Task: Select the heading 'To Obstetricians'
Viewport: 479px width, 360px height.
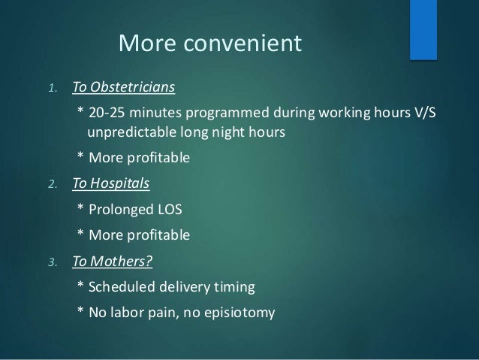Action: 123,88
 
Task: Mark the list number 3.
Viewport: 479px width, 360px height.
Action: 51,262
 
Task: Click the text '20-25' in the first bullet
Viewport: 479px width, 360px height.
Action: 105,113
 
